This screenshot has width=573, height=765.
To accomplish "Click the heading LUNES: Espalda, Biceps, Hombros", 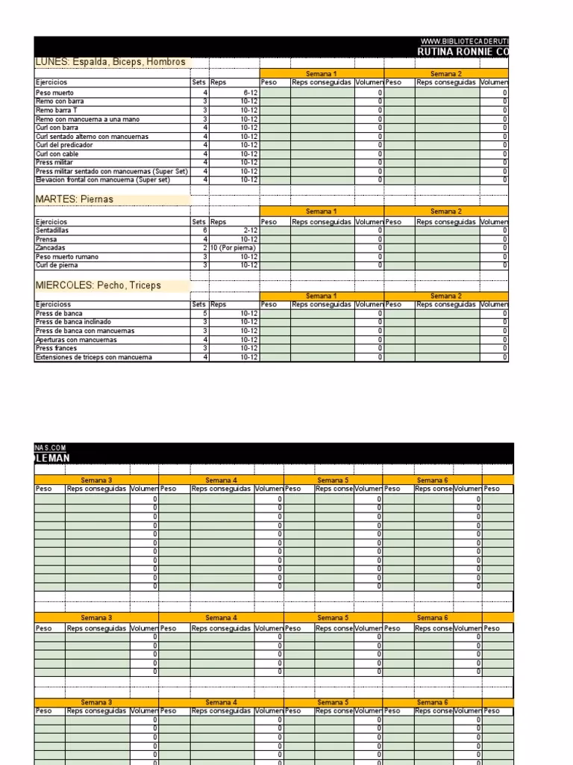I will click(x=110, y=62).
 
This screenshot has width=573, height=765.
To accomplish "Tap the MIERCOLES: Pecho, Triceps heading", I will click(x=98, y=285).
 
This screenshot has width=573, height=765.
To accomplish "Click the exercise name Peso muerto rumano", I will click(x=67, y=256).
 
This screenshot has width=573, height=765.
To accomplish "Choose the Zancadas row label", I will click(x=50, y=247).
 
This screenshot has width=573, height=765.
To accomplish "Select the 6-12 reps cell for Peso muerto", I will click(x=249, y=93).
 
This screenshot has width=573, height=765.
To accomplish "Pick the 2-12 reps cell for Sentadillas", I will click(x=249, y=230).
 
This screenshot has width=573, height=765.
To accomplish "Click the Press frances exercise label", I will click(x=56, y=348).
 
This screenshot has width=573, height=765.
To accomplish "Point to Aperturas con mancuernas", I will click(x=76, y=340).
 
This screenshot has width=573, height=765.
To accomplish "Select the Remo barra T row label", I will click(x=57, y=110).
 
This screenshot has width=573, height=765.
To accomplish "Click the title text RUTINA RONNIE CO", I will click(x=463, y=51).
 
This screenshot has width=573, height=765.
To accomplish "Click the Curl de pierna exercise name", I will click(x=57, y=265).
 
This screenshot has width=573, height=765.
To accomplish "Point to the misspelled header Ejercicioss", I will click(x=54, y=305).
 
